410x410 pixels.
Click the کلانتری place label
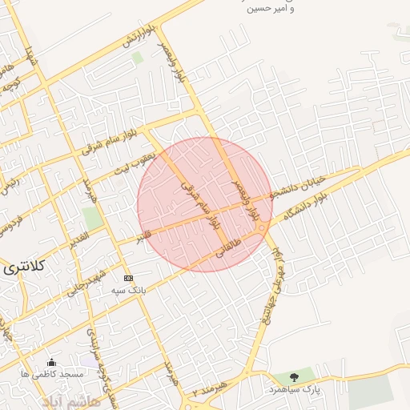(22, 266)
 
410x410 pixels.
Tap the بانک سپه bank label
(129, 292)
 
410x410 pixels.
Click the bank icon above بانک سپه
(129, 278)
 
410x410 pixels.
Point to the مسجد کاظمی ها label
(53, 375)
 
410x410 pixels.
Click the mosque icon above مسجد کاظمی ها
(53, 362)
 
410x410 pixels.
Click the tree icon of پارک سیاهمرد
(294, 376)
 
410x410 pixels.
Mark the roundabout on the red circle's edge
(262, 231)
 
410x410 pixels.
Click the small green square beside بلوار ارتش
(137, 58)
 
